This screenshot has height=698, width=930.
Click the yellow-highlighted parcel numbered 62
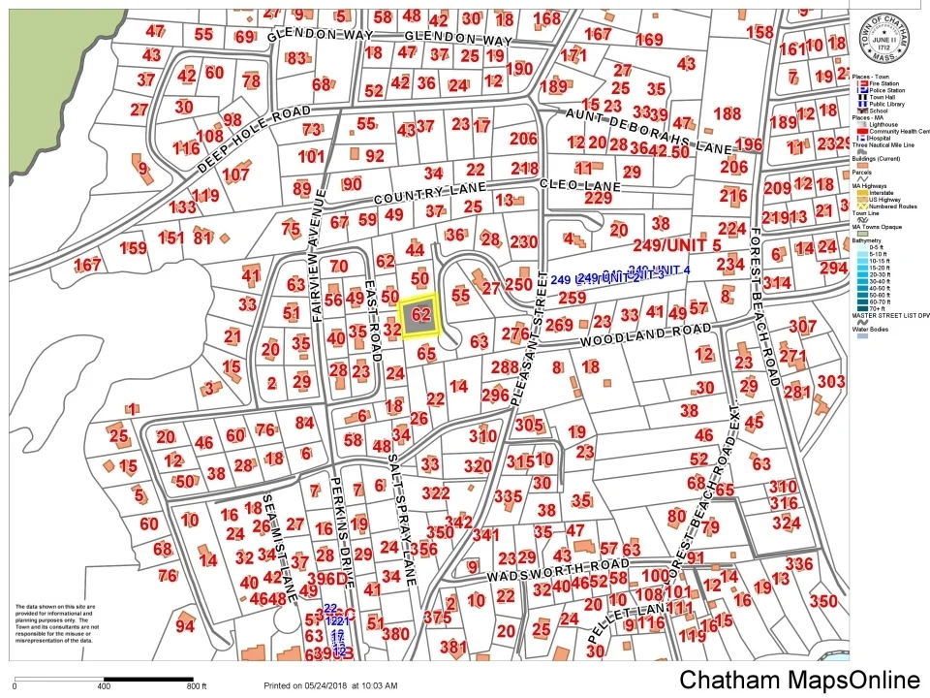[x=420, y=315]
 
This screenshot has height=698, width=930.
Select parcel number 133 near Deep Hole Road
[x=182, y=207]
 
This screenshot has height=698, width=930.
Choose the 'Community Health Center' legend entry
[x=891, y=131]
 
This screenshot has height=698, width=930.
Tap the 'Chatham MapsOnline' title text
[x=798, y=680]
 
